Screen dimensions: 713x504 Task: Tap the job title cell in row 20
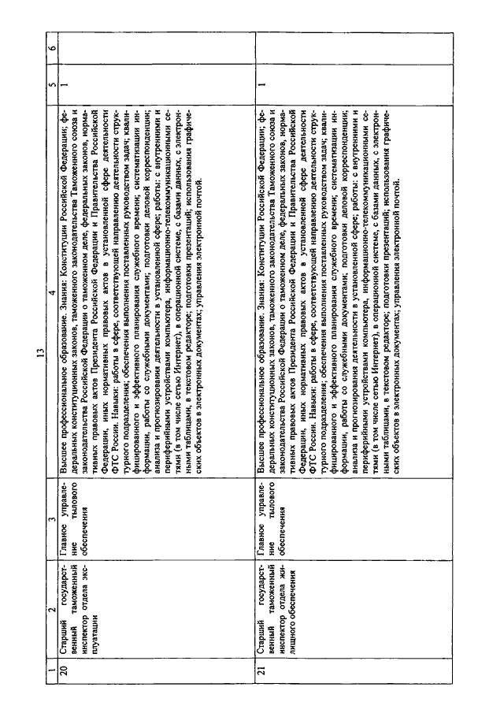(80, 606)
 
